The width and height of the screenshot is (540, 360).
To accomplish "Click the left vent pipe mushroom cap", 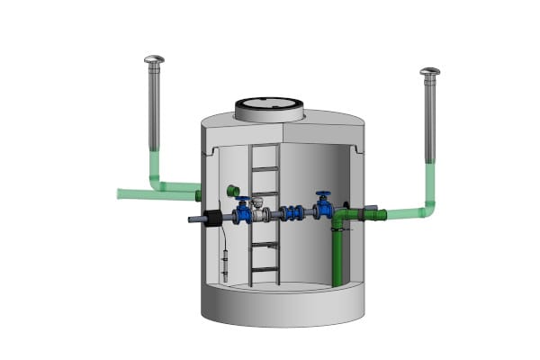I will (x=154, y=59).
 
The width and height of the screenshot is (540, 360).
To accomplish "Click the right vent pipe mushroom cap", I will (x=430, y=71).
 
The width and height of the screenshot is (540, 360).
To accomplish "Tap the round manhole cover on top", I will (x=267, y=109).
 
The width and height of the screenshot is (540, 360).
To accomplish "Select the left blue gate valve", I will (x=243, y=213).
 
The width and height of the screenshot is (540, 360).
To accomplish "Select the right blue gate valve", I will (x=323, y=208).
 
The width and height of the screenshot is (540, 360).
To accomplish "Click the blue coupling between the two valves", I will (x=291, y=214).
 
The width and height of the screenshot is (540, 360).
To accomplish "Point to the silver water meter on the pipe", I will (x=261, y=212).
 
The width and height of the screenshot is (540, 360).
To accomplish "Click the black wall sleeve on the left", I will (x=212, y=219).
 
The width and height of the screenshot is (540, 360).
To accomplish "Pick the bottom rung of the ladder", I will (x=265, y=267).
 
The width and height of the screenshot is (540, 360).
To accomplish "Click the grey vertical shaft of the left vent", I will (x=154, y=108).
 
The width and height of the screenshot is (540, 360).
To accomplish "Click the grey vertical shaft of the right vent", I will (x=430, y=117).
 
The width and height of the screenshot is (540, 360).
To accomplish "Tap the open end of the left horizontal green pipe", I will (x=121, y=193).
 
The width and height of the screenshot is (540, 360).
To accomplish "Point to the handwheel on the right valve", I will (x=323, y=193).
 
